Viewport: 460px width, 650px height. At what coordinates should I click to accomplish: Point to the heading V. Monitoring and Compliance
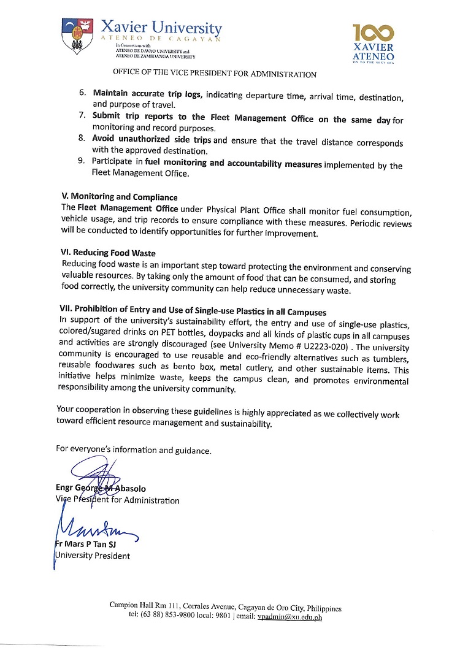tap(120, 197)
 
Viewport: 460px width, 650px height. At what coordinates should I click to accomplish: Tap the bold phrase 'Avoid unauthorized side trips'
tap(151, 139)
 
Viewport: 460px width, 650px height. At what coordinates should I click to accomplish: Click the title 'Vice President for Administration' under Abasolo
tap(118, 500)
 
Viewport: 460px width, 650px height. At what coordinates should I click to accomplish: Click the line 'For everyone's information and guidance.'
tap(134, 449)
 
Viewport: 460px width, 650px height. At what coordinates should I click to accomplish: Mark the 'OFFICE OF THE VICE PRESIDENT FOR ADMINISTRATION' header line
tap(215, 74)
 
